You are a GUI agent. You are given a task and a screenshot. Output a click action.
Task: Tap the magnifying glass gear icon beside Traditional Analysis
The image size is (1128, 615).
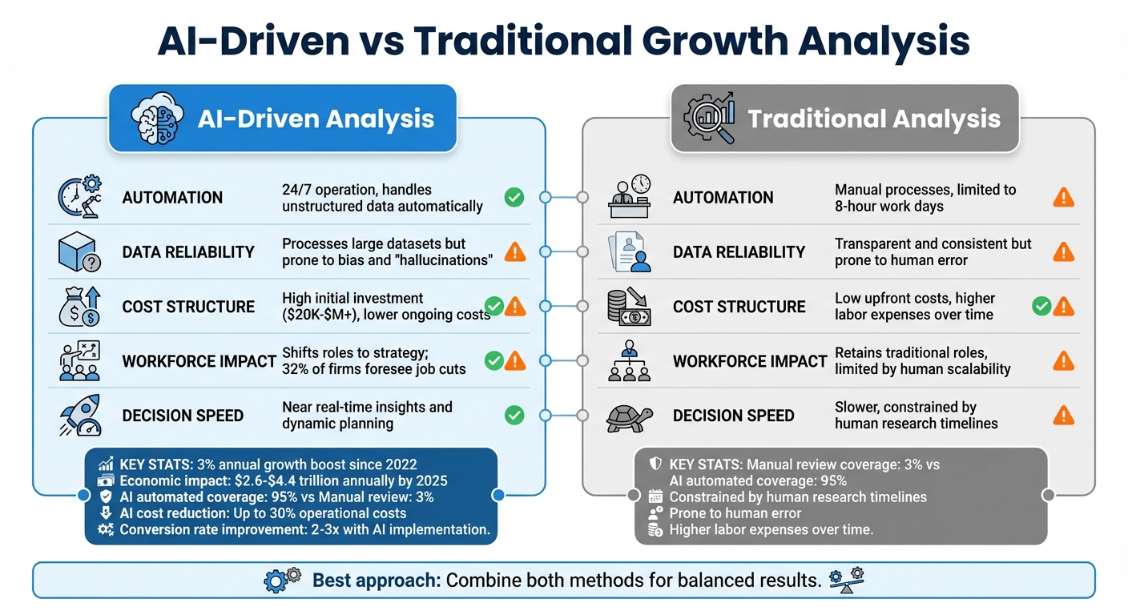click(x=710, y=119)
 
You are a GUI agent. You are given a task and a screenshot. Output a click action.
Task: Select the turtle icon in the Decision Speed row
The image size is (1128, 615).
click(x=628, y=416)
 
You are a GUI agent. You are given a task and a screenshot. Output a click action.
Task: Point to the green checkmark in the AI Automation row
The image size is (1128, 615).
click(x=514, y=197)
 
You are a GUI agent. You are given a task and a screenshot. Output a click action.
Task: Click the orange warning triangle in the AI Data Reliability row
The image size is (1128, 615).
click(x=515, y=251)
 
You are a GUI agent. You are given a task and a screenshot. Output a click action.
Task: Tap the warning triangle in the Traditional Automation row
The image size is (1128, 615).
click(x=1063, y=197)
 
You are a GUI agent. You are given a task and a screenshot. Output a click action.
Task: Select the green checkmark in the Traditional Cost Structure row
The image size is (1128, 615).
click(x=1041, y=305)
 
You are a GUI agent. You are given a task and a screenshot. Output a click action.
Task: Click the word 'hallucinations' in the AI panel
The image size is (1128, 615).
click(x=439, y=260)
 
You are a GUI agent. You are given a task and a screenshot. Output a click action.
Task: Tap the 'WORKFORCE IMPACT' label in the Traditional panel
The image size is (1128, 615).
click(x=749, y=361)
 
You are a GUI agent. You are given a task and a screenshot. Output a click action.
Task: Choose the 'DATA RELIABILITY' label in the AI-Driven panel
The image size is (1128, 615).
click(x=188, y=252)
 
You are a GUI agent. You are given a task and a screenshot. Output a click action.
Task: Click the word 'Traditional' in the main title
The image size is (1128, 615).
click(x=530, y=42)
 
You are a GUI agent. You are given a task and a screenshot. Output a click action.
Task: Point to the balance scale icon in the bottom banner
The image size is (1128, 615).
click(x=846, y=579)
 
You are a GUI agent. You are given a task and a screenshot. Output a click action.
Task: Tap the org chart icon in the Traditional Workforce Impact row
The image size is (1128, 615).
click(x=629, y=361)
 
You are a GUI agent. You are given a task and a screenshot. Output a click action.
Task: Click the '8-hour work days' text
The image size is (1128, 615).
click(x=888, y=206)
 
